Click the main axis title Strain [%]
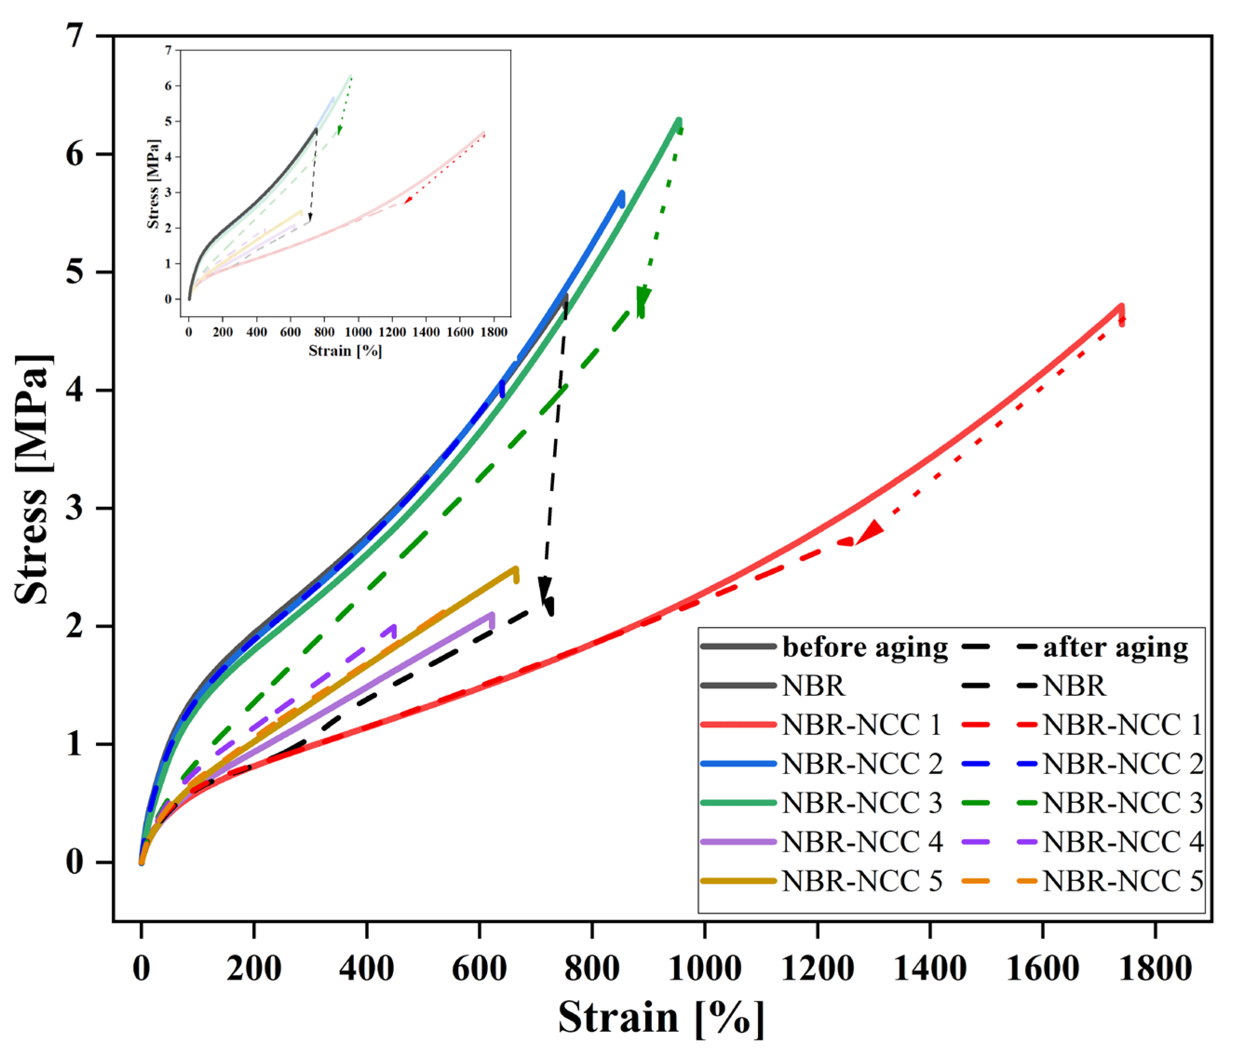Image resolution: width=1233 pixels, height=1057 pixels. [661, 1018]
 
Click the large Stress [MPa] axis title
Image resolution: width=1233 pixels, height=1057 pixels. [33, 479]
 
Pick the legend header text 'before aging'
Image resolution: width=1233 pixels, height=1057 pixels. [865, 648]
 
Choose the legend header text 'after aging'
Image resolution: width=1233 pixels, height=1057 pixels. [1115, 648]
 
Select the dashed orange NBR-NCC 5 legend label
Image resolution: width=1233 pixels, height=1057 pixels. [1122, 882]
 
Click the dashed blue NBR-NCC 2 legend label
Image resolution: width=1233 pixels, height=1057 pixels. [1122, 764]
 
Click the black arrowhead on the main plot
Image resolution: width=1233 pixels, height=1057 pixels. [544, 589]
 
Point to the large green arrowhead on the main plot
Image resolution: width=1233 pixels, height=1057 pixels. [643, 300]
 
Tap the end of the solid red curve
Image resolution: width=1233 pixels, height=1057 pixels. [1121, 308]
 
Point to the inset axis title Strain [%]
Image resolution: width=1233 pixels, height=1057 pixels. [345, 351]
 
